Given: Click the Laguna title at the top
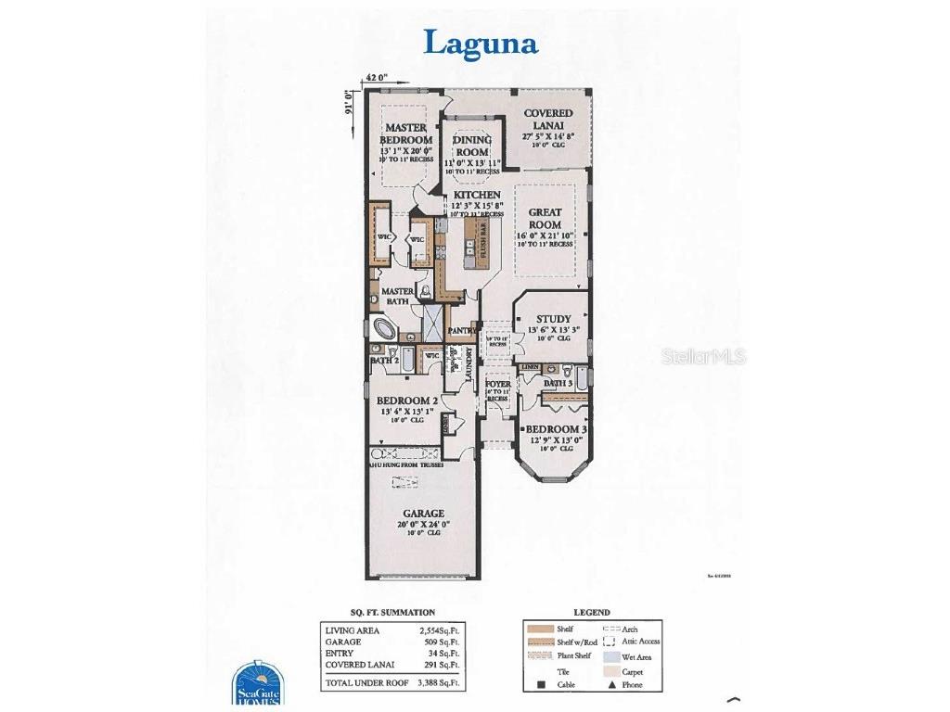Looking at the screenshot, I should [481, 43].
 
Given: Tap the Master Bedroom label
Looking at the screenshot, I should [405, 133].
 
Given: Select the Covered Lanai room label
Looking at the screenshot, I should [547, 120].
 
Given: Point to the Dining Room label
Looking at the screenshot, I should [471, 146].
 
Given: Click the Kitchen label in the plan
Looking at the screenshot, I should [477, 195].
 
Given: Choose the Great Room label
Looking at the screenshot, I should [545, 218].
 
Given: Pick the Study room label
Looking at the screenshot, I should [553, 319].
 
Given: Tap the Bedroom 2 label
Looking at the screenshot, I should [407, 400].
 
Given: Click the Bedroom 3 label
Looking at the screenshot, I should [556, 429].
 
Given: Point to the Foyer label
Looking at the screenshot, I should [498, 384].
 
